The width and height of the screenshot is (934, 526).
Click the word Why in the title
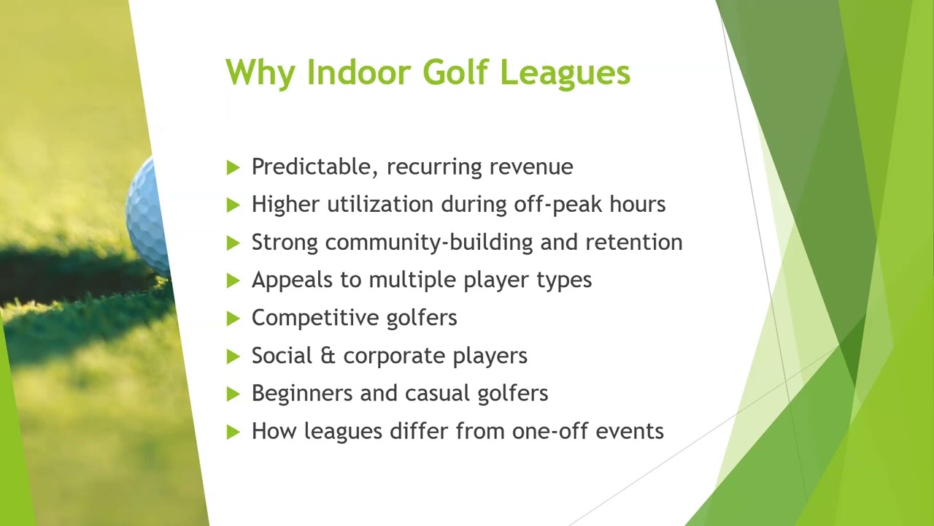[261, 73]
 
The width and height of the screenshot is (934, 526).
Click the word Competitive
[313, 318]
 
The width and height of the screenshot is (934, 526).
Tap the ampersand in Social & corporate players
[327, 356]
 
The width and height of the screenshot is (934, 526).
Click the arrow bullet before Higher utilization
[233, 205]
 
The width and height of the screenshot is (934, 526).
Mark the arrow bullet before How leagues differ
[233, 432]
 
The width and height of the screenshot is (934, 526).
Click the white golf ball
[148, 216]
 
